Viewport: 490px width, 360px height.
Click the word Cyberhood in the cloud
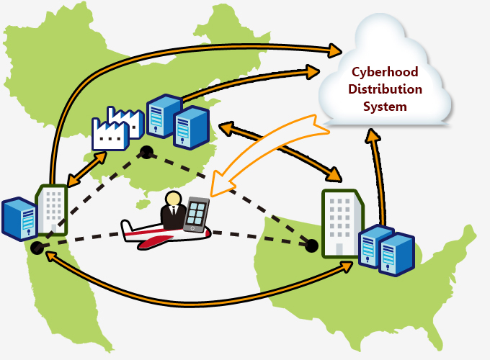click(386, 72)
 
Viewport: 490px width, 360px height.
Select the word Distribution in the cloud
click(386, 89)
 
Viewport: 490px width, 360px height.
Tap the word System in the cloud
click(386, 107)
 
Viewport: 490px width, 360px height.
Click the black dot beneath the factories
click(147, 152)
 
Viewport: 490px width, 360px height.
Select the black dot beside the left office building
click(37, 248)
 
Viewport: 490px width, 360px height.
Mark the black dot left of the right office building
click(311, 246)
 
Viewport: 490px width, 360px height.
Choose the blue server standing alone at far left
click(19, 217)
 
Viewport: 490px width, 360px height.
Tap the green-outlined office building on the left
click(53, 210)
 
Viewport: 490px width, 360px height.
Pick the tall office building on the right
click(341, 223)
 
